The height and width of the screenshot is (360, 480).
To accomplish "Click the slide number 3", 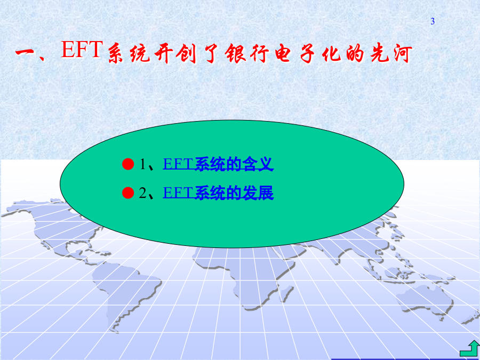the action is pos(433,21).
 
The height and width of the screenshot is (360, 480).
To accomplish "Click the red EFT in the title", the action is pos(82,49).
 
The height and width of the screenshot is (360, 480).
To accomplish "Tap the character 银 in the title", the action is pos(235,53).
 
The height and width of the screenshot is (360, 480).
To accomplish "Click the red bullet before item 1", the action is pos(128,164).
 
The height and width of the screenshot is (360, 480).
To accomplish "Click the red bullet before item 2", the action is pos(128,193).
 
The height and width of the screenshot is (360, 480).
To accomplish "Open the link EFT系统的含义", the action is pos(218,164).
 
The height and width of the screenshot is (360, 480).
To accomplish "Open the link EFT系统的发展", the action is pos(218,193).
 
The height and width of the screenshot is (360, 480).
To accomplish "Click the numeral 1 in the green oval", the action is pos(143,164).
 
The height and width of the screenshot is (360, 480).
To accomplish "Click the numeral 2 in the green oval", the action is pos(142,193).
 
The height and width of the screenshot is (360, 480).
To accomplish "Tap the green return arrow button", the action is pos(469,348).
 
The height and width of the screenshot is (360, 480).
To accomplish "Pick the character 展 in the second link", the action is pos(266,193).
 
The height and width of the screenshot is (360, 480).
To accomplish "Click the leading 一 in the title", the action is pos(26,52).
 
